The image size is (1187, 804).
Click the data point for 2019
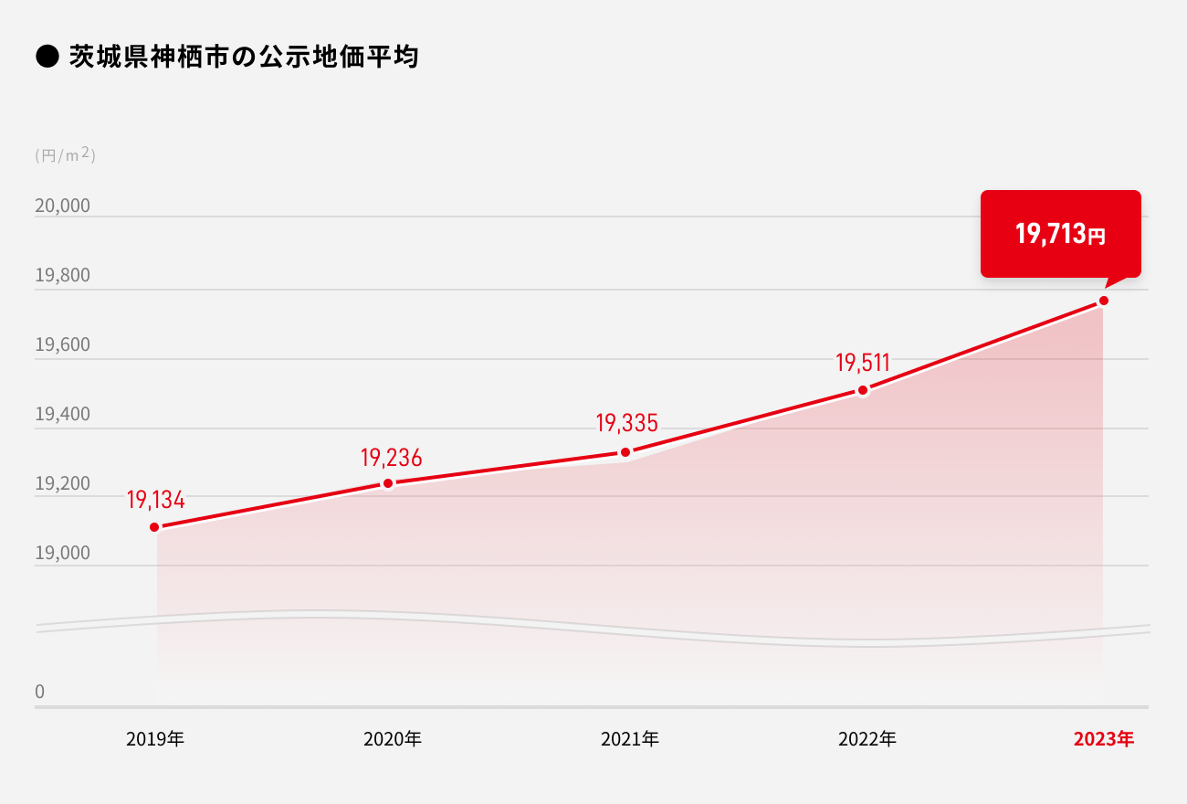tap(154, 527)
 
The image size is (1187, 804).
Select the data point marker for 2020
tap(388, 483)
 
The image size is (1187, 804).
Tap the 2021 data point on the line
tap(625, 452)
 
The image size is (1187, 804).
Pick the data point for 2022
tap(863, 391)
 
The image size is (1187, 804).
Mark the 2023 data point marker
tap(1104, 301)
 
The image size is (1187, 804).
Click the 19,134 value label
tap(155, 501)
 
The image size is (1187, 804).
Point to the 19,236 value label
tap(391, 458)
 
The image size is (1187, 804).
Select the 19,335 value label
tap(626, 423)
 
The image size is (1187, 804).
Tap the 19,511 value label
tap(862, 363)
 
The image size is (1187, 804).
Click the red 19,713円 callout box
tap(1060, 234)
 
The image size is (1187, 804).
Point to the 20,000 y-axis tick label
tap(62, 206)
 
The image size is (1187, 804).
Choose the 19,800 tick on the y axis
tap(62, 276)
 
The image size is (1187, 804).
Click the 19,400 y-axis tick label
tap(62, 415)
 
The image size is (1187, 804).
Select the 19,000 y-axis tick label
tap(62, 554)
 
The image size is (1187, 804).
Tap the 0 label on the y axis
tap(39, 693)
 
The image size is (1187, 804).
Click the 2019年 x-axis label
tap(155, 739)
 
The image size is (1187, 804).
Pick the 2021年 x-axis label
tap(629, 739)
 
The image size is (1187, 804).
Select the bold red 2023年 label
tap(1103, 739)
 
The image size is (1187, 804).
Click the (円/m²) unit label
tap(65, 155)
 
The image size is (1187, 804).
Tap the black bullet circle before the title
tap(47, 58)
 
